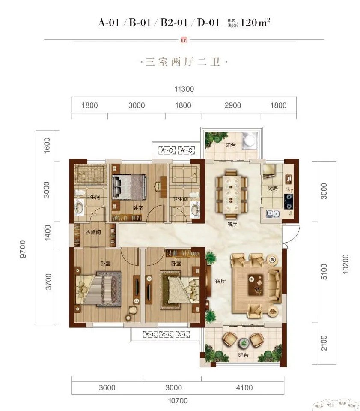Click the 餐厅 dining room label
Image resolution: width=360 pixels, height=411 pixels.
click(232, 224)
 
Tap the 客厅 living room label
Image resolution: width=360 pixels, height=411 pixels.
click(220, 281)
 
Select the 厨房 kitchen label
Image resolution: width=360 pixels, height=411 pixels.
click(273, 188)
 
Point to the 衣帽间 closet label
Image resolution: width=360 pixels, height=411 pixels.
click(93, 232)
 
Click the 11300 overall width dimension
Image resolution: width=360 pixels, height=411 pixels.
click(184, 89)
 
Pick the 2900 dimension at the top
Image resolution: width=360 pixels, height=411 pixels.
click(233, 105)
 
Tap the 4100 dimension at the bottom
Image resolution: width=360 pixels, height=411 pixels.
click(244, 388)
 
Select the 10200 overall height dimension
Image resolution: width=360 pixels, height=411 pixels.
click(345, 264)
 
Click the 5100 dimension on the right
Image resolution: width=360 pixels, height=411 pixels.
click(324, 272)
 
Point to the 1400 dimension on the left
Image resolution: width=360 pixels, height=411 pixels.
click(48, 232)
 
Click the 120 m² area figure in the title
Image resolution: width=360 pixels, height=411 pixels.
click(255, 23)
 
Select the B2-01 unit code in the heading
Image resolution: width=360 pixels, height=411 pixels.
click(174, 23)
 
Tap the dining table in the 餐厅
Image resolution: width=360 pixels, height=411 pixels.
click(232, 194)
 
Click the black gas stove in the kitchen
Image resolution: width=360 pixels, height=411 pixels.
click(289, 201)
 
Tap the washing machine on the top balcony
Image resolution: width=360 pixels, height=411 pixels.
click(249, 140)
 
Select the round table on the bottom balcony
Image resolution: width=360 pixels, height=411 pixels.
click(244, 342)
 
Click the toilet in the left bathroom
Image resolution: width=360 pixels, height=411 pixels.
click(80, 193)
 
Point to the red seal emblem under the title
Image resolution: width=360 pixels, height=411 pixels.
click(184, 40)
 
